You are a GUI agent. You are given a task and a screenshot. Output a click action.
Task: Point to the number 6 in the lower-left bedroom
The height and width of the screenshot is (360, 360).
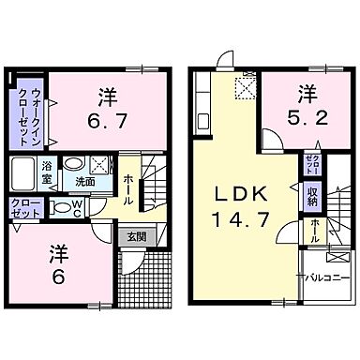pos(58,266)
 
